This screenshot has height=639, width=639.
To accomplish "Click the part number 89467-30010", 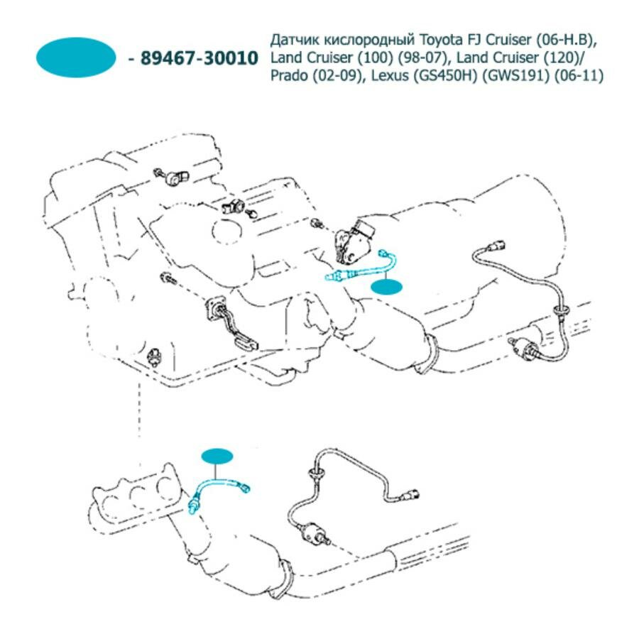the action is click(200, 58).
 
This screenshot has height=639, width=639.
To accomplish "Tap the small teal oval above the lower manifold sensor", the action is click(218, 455).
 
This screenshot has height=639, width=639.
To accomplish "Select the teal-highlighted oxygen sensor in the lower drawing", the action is click(217, 491).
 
